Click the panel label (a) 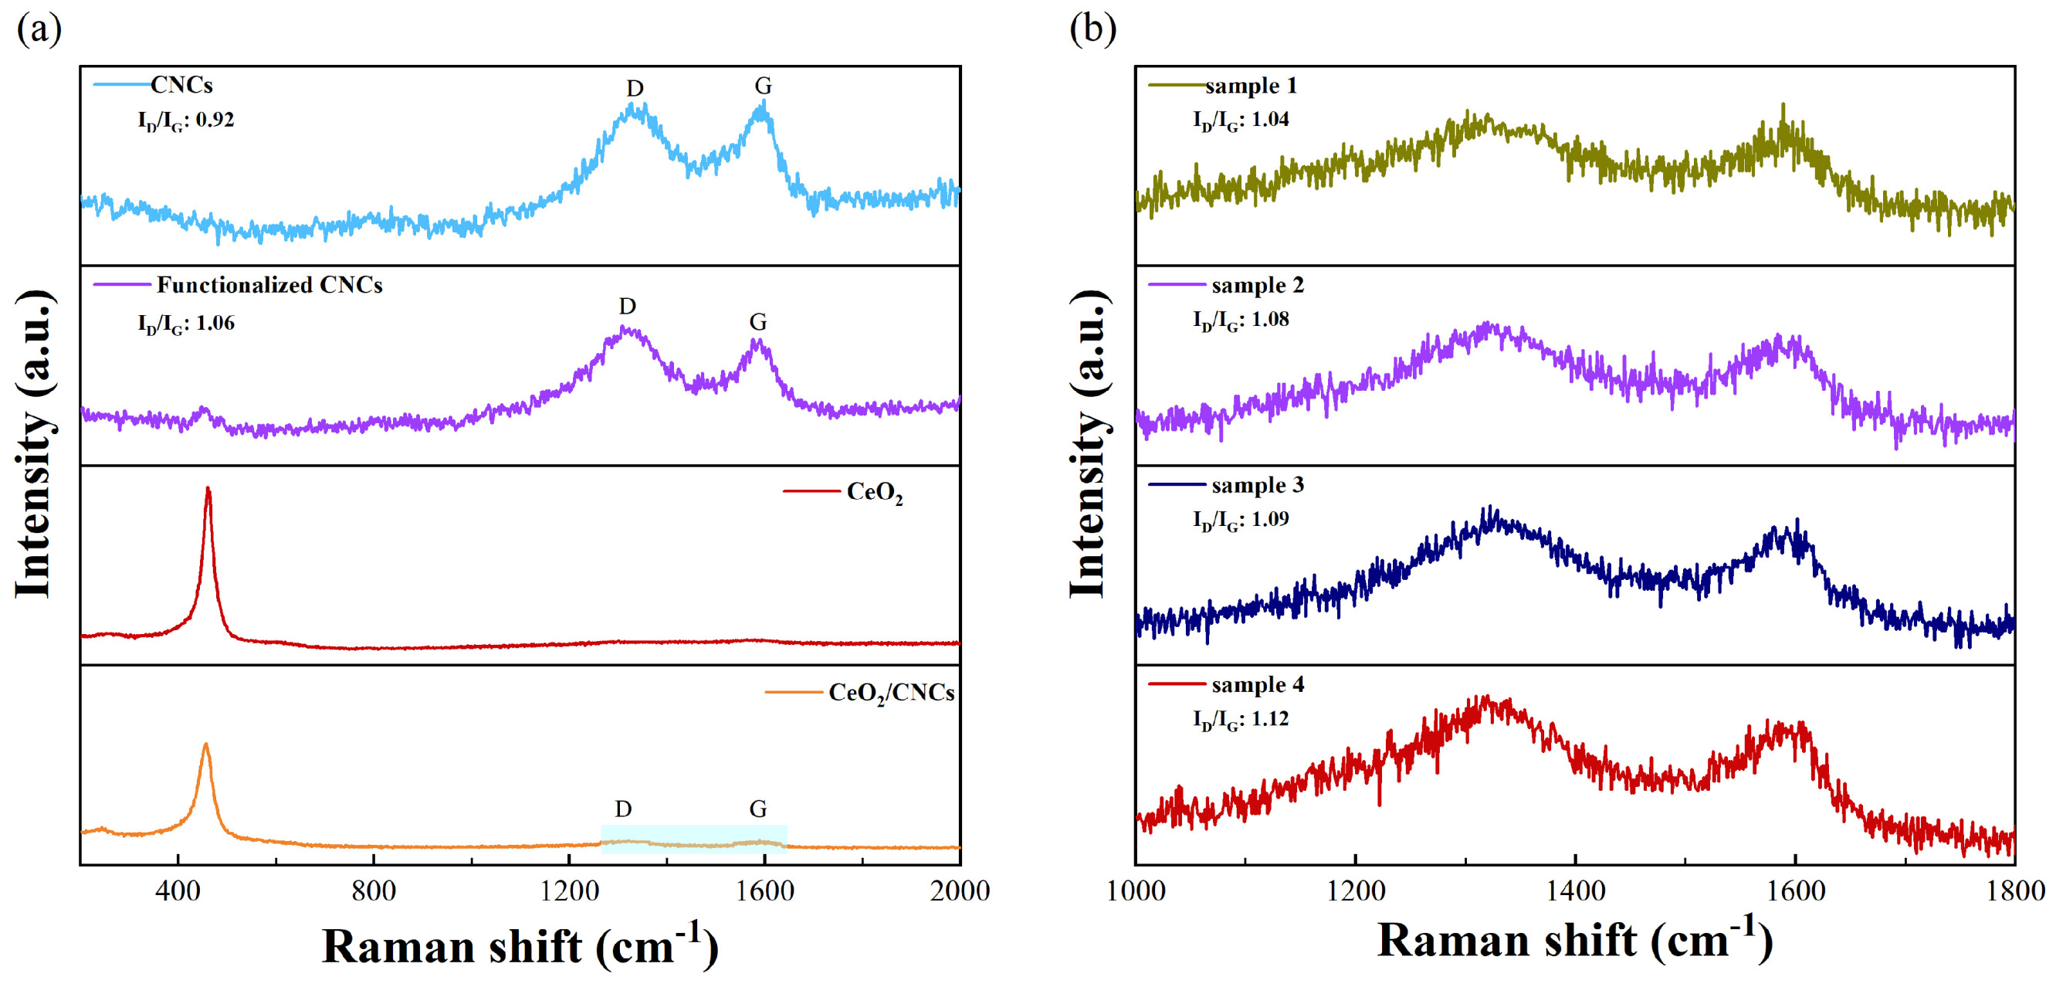[x=39, y=29]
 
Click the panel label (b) [x=1092, y=29]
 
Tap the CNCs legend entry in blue [x=181, y=85]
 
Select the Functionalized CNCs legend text [x=269, y=285]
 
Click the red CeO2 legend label [x=874, y=492]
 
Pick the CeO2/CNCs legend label [x=891, y=692]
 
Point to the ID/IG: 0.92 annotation [x=186, y=120]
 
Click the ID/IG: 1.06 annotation [x=186, y=324]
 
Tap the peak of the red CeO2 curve [x=208, y=489]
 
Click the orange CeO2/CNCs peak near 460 [x=206, y=745]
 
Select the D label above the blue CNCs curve [x=635, y=89]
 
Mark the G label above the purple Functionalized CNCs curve [x=757, y=322]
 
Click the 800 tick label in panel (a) [x=374, y=890]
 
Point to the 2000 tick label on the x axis [x=960, y=890]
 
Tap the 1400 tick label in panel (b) [x=1576, y=890]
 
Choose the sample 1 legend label [x=1251, y=86]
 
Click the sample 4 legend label [x=1257, y=685]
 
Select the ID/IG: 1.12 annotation [x=1241, y=720]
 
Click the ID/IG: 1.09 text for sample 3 [x=1241, y=520]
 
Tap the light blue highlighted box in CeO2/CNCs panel [x=693, y=839]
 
